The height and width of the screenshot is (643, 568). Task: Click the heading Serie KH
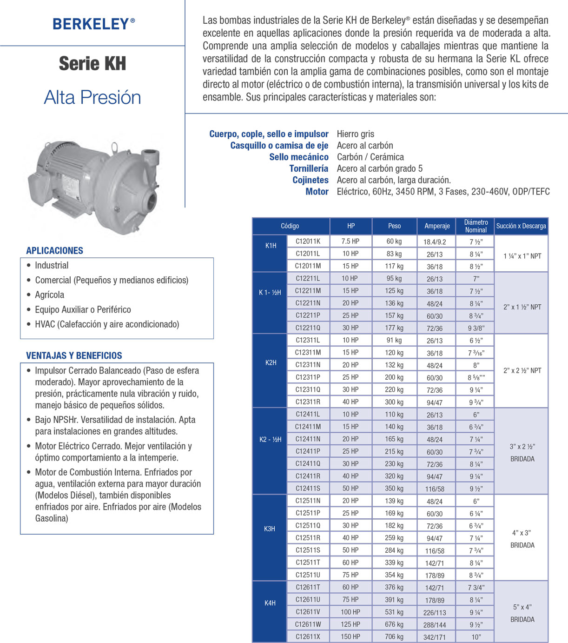(x=92, y=64)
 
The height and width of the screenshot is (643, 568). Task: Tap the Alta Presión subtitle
(x=92, y=97)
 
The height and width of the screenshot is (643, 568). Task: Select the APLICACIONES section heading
(x=54, y=250)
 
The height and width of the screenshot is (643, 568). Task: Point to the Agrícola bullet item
(x=49, y=295)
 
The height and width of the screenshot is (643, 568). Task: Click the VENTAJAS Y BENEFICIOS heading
(x=74, y=355)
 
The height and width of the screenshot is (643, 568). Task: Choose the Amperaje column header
(x=437, y=226)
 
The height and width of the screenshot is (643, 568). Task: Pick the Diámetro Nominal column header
(x=476, y=226)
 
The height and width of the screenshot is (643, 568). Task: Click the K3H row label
(x=270, y=529)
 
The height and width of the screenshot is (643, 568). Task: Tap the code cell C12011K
(x=308, y=241)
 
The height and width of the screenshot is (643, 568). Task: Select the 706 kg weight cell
(x=394, y=636)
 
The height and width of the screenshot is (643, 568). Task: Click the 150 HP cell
(x=350, y=636)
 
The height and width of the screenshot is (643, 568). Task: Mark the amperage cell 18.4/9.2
(x=435, y=242)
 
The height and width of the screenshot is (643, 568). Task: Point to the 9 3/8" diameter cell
(x=476, y=328)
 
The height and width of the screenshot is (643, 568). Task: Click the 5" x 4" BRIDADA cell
(x=522, y=613)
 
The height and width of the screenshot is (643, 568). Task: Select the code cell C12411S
(x=308, y=489)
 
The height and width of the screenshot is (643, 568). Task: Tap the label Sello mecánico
(x=299, y=157)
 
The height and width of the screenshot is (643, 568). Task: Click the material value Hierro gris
(x=355, y=134)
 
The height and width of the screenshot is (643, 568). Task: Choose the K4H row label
(x=270, y=603)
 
